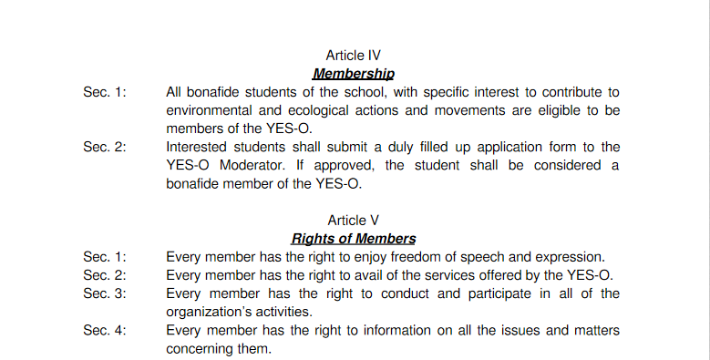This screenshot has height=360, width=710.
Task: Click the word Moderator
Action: pos(252,165)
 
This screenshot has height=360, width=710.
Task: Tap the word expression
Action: pos(570,257)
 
